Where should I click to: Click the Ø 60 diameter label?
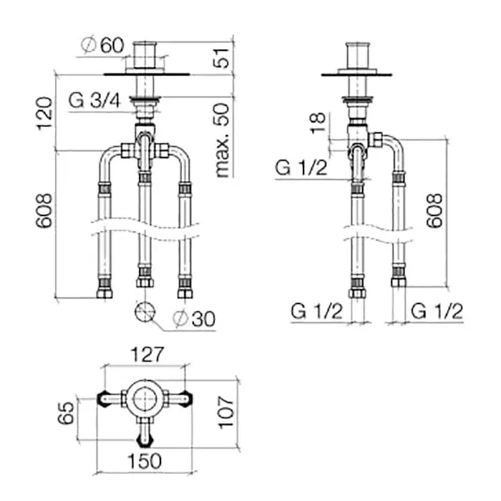pyautogui.click(x=102, y=45)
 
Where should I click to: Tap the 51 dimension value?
pyautogui.click(x=221, y=58)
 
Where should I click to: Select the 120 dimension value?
pyautogui.click(x=44, y=113)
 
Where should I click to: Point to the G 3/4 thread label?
pyautogui.click(x=94, y=100)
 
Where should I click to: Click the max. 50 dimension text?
pyautogui.click(x=223, y=140)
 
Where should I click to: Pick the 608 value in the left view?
pyautogui.click(x=44, y=210)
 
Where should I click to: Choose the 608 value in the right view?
pyautogui.click(x=435, y=210)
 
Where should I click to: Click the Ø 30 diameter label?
pyautogui.click(x=194, y=318)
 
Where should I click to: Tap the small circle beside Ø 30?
pyautogui.click(x=145, y=311)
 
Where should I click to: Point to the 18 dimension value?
pyautogui.click(x=318, y=122)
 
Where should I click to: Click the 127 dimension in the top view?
pyautogui.click(x=147, y=355)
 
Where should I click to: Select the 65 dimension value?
pyautogui.click(x=66, y=413)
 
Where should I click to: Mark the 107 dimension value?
pyautogui.click(x=226, y=412)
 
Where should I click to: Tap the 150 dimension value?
pyautogui.click(x=145, y=461)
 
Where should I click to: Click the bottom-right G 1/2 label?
pyautogui.click(x=437, y=311)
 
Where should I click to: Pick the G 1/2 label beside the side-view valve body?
pyautogui.click(x=301, y=167)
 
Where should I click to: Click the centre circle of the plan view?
pyautogui.click(x=145, y=399)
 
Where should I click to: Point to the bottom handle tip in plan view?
pyautogui.click(x=145, y=442)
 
